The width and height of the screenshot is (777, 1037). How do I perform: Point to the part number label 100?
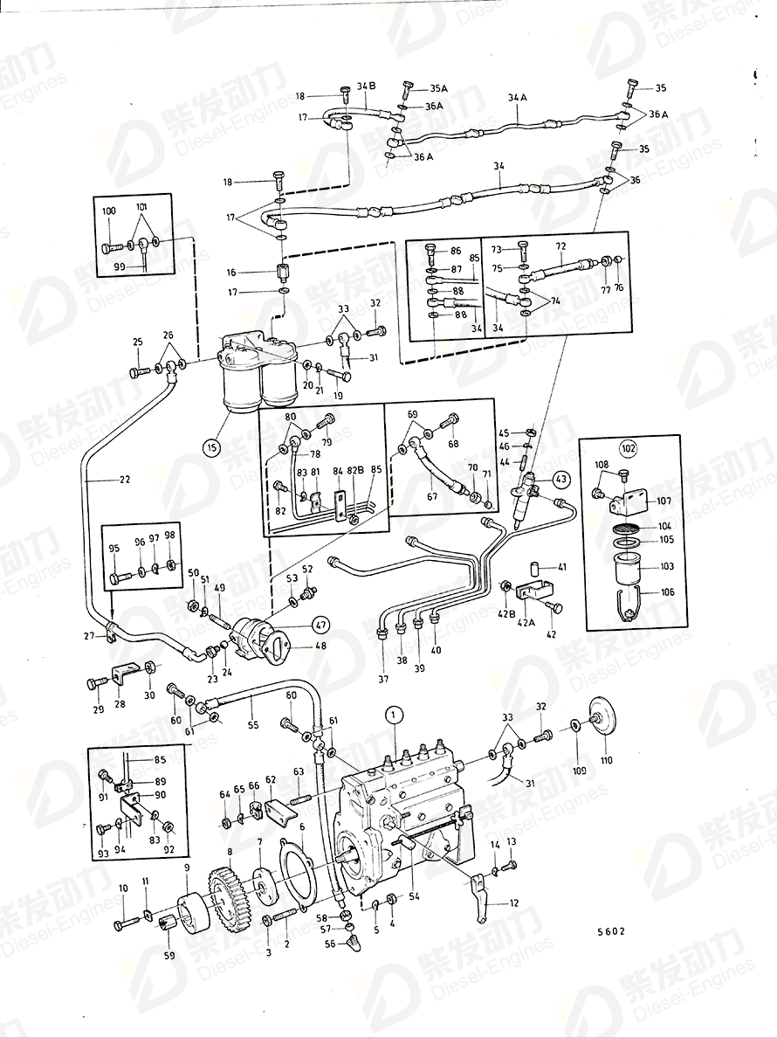pyautogui.click(x=108, y=212)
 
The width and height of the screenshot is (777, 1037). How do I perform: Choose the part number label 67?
pyautogui.click(x=431, y=497)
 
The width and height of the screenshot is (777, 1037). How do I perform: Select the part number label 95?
pyautogui.click(x=114, y=550)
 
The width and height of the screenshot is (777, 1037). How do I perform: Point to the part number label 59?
pyautogui.click(x=169, y=955)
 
